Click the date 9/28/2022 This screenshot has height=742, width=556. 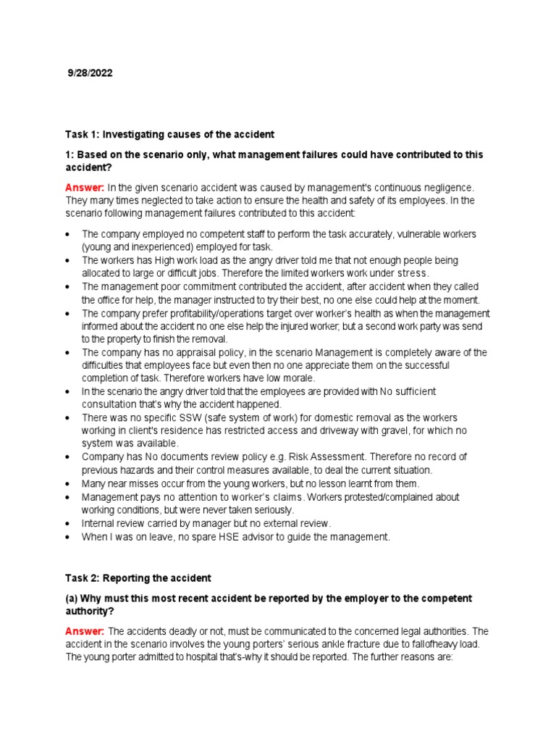[x=90, y=73]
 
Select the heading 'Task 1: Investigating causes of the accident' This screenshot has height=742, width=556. [x=170, y=135]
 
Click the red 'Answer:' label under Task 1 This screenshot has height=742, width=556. [x=85, y=188]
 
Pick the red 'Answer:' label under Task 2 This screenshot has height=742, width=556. [x=85, y=632]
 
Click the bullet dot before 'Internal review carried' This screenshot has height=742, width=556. [x=67, y=523]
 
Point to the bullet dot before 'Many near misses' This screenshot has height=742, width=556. [x=67, y=483]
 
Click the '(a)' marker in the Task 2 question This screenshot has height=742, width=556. [x=72, y=599]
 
